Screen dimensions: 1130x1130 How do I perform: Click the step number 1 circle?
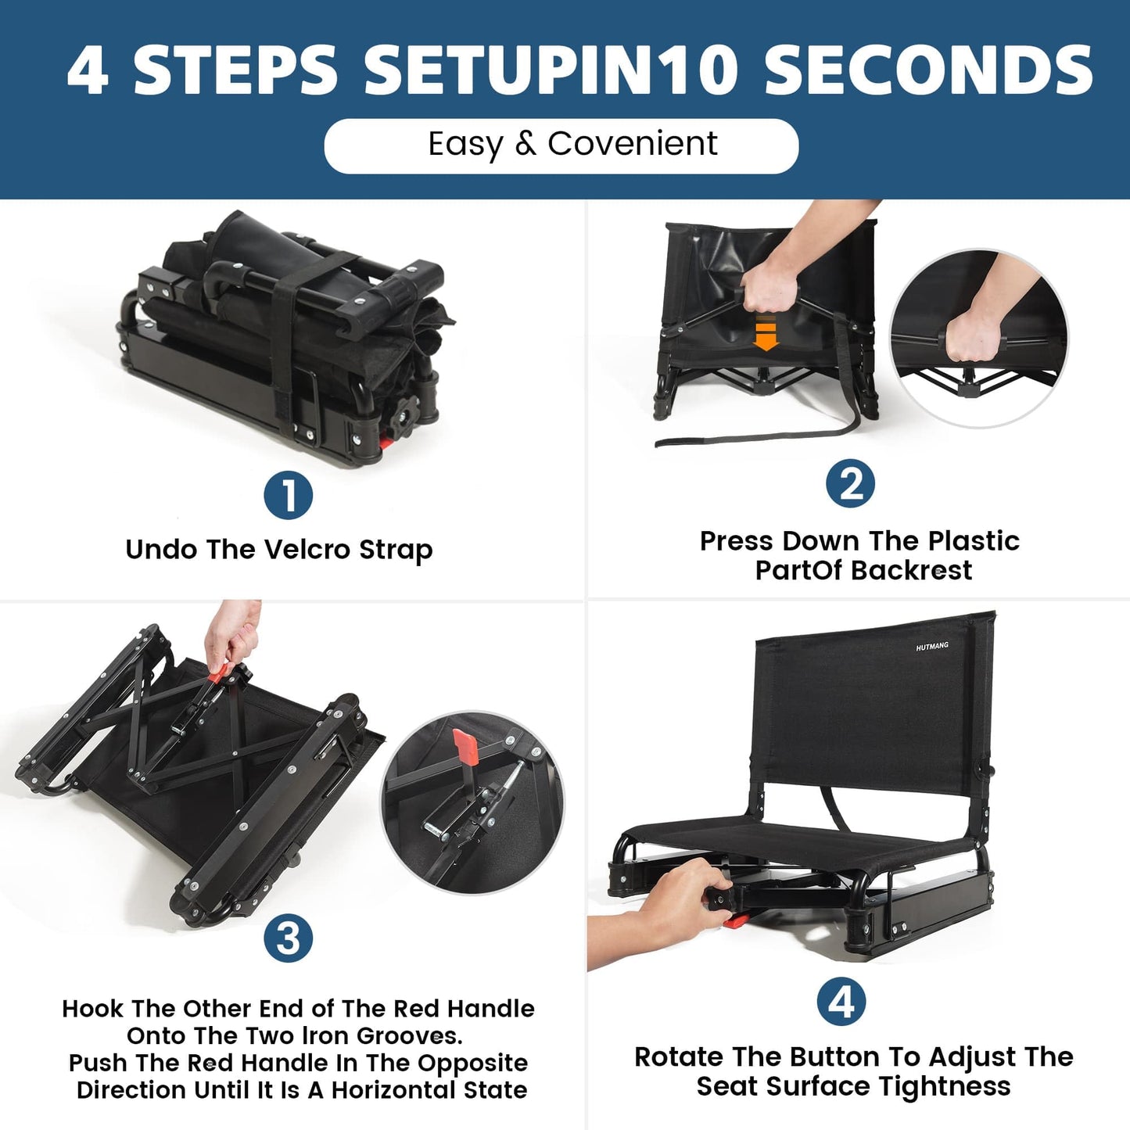click(289, 496)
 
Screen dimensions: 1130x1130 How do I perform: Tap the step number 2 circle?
click(850, 484)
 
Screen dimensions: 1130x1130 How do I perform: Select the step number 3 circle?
click(289, 939)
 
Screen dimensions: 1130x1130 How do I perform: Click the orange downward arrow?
click(766, 333)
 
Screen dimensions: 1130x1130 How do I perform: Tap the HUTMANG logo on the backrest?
click(932, 646)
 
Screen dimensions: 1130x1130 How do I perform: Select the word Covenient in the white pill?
click(632, 144)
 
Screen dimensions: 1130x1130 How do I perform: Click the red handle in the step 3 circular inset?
click(466, 747)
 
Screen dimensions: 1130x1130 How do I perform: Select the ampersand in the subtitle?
click(526, 144)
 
